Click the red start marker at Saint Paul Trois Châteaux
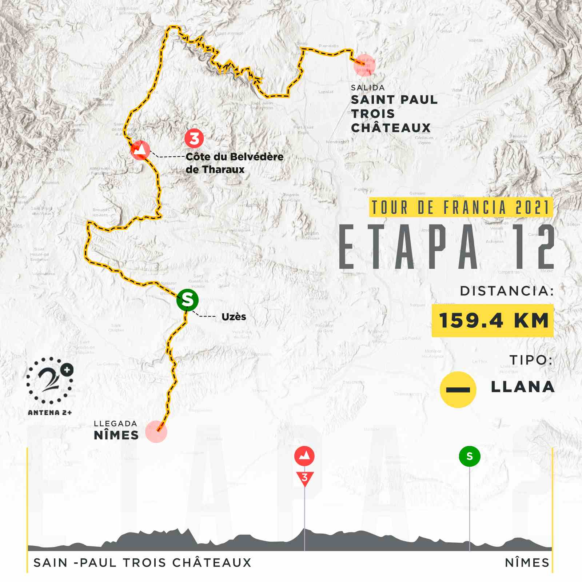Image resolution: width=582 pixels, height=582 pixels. pos(364,65)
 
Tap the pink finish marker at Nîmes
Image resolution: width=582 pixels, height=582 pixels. pos(156,431)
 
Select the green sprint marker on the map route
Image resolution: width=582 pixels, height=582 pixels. pos(187,300)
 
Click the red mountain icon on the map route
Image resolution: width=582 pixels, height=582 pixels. pos(140,150)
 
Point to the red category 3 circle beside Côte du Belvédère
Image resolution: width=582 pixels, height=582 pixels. pos(194,138)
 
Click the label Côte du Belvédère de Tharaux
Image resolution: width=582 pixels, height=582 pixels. pos(234,163)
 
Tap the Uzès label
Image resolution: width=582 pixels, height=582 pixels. pos(234,317)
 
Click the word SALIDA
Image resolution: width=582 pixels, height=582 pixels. pos(368,88)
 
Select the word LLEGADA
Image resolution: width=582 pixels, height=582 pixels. pos(115,423)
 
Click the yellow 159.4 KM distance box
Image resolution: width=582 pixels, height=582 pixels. pos(493,321)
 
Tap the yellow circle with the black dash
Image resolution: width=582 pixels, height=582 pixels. pos(458,389)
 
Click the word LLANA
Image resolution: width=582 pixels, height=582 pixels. pos(522,387)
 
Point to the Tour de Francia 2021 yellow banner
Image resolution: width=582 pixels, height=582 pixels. pos(461,207)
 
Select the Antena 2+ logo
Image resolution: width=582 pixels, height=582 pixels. pos(50,386)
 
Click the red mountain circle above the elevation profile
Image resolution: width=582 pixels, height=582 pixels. pos(304,456)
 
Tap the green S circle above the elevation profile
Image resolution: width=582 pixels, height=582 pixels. pos(469,456)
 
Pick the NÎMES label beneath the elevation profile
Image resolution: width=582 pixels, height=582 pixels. pos(527,563)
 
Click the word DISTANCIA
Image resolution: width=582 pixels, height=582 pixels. pos(507,291)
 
